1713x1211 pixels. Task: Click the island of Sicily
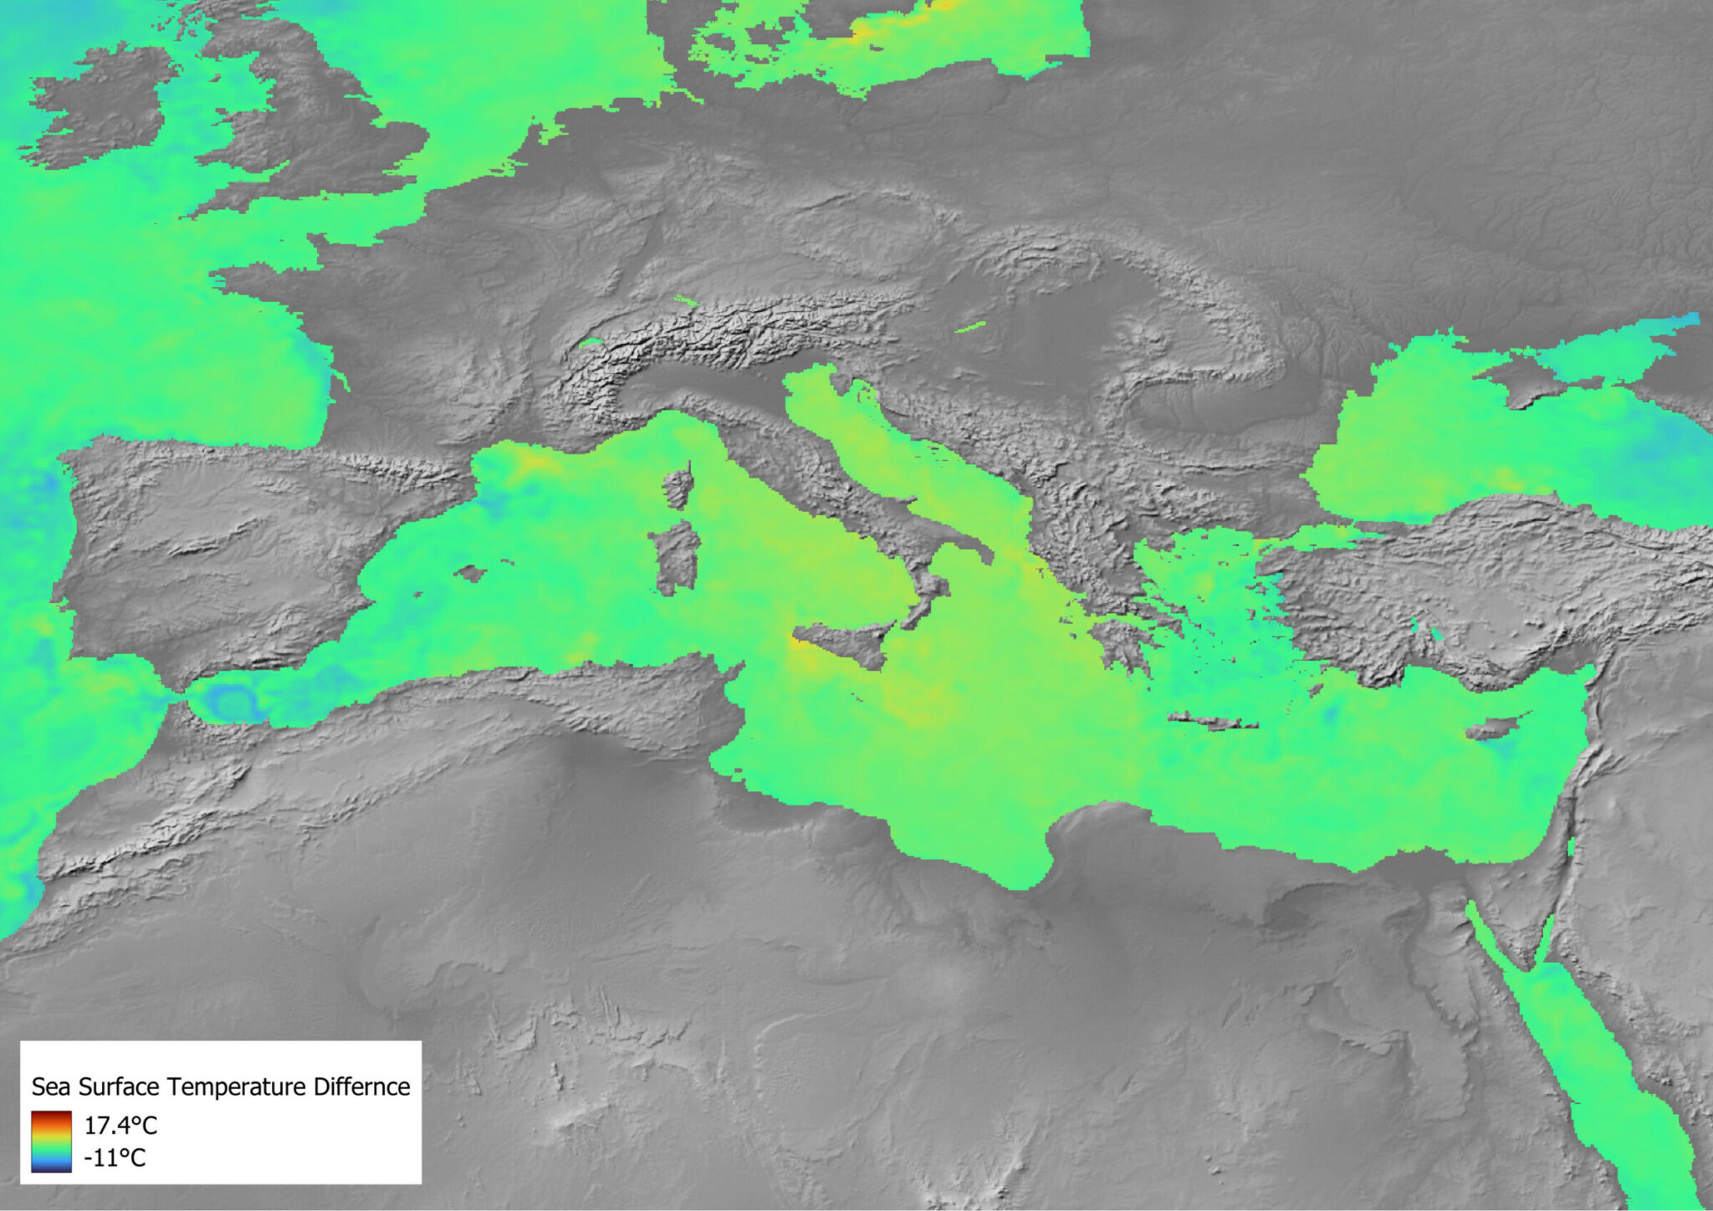click(841, 642)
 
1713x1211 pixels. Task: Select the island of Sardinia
click(677, 557)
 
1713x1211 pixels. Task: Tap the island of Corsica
click(677, 489)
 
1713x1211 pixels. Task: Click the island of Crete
click(1214, 721)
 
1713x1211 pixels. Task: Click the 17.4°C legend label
click(120, 1125)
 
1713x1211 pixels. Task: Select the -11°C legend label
click(115, 1158)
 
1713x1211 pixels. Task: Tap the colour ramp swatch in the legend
click(52, 1142)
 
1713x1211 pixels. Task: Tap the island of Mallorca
click(470, 573)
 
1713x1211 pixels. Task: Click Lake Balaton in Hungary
click(969, 327)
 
